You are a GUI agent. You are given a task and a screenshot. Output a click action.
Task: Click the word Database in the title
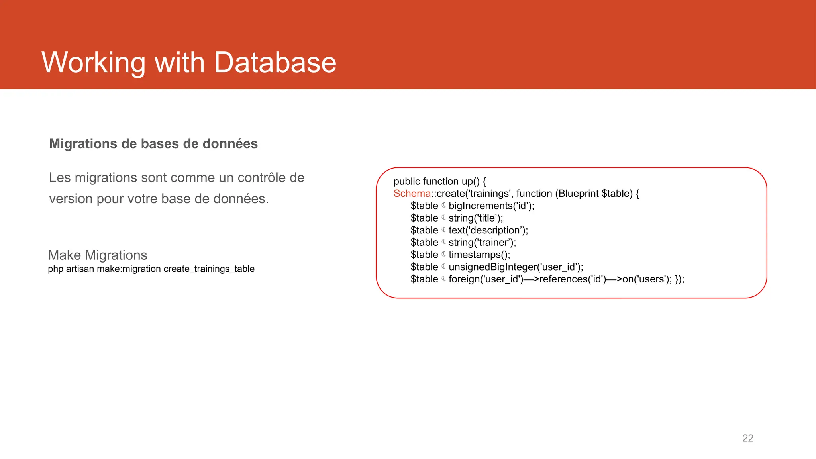pyautogui.click(x=275, y=63)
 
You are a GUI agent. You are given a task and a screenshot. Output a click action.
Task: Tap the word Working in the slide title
pyautogui.click(x=94, y=63)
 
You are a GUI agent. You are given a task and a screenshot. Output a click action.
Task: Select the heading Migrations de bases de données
pyautogui.click(x=153, y=144)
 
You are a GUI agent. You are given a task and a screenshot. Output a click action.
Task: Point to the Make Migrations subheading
pyautogui.click(x=98, y=255)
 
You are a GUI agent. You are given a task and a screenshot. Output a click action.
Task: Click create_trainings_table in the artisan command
pyautogui.click(x=209, y=269)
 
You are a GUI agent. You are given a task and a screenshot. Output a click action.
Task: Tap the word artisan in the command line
pyautogui.click(x=80, y=269)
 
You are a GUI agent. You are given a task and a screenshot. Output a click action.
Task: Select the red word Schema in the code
pyautogui.click(x=412, y=194)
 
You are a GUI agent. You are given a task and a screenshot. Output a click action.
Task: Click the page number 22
pyautogui.click(x=747, y=438)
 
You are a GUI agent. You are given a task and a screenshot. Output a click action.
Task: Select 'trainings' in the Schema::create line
pyautogui.click(x=489, y=194)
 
